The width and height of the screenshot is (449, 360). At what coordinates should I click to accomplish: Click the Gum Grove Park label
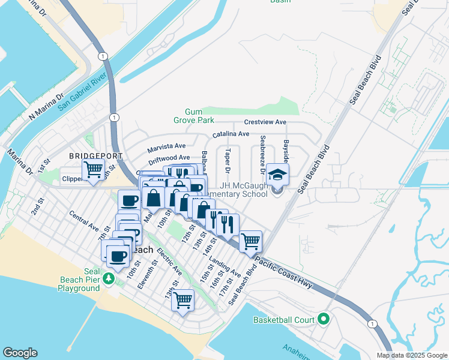pos(193,116)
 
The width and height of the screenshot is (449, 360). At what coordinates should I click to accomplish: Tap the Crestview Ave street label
pos(265,122)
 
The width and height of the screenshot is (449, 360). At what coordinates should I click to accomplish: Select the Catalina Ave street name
pos(231,134)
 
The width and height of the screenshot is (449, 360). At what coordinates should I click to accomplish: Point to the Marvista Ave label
pos(167,146)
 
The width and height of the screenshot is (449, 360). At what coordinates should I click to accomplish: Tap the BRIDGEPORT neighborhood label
pos(96,155)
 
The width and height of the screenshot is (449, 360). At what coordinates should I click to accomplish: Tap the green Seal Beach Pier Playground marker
pos(108,278)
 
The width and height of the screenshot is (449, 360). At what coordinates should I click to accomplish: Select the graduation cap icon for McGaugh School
pos(277,175)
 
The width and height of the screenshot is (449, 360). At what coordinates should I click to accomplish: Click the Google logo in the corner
pos(20,353)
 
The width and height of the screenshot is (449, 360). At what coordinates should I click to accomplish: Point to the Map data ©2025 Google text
pos(411,355)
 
